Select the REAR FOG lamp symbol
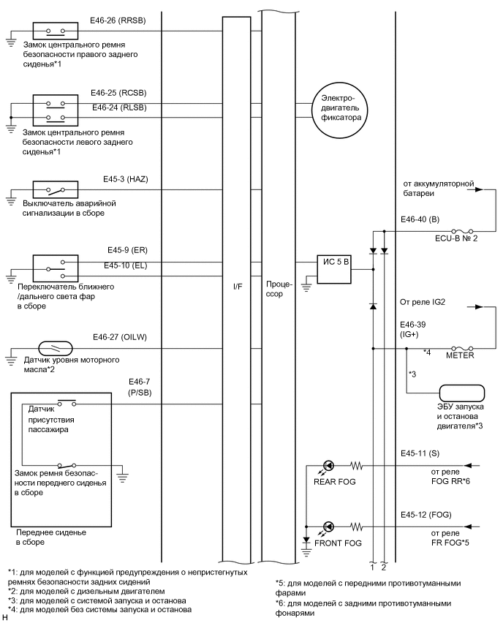click(329, 464)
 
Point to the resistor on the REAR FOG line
click(357, 464)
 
